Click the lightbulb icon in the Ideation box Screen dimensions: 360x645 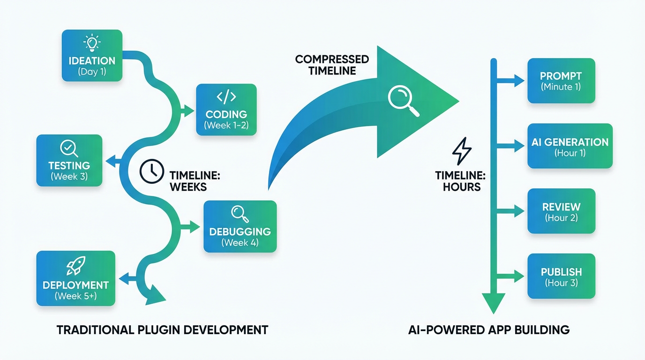pos(91,43)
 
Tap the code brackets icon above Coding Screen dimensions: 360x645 pos(226,97)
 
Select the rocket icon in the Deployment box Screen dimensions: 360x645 pos(75,267)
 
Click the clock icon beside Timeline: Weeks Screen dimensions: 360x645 pos(152,171)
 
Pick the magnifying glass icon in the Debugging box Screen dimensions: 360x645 pos(240,214)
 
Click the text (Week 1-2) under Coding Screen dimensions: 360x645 pos(226,126)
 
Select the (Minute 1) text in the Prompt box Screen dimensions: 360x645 pos(561,87)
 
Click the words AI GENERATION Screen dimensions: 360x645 pos(570,142)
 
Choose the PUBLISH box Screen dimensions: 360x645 pos(561,276)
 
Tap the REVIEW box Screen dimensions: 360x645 pos(561,211)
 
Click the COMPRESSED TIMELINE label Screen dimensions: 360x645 pos(332,65)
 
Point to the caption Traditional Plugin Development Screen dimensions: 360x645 pos(162,330)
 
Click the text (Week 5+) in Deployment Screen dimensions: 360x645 pos(75,296)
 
